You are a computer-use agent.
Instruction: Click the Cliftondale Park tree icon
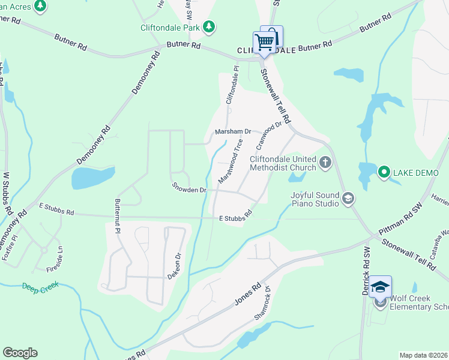208,26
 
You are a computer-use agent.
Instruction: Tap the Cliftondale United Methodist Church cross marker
325,162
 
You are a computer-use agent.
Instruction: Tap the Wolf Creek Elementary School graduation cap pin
380,287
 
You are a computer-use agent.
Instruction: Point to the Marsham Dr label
232,132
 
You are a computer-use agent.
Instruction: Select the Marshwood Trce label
231,161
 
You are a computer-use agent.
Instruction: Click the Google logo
20,353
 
